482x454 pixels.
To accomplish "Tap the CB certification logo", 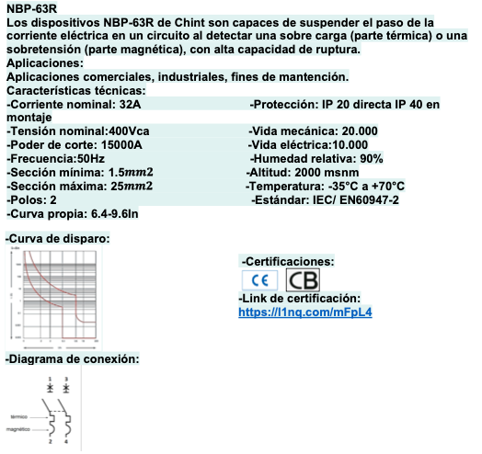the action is click(304, 280).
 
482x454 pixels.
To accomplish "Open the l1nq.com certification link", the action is click(304, 312).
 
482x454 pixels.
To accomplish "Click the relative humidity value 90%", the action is click(365, 159).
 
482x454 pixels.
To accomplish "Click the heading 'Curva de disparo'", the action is click(58, 238).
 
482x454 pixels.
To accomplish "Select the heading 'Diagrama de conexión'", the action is click(73, 359).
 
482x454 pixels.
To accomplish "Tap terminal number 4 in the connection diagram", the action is click(65, 444).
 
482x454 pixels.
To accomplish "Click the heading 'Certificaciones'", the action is click(287, 262).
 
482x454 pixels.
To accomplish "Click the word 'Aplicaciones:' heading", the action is click(44, 63).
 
